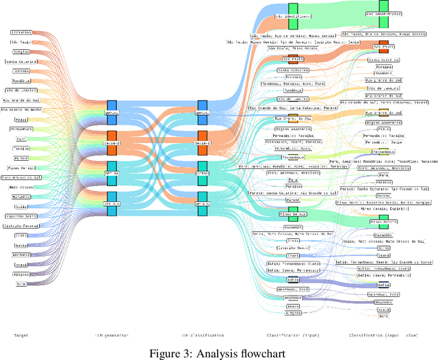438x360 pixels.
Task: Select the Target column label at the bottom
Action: tap(21, 335)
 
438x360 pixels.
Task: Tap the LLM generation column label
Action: tap(112, 335)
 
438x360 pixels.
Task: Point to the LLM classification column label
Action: tap(201, 335)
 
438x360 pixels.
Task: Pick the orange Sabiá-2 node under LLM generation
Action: tap(112, 142)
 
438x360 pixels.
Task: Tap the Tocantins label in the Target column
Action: tap(21, 31)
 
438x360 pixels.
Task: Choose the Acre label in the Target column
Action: tap(21, 283)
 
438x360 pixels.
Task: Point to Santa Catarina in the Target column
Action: tap(21, 61)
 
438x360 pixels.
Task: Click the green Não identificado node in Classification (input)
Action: tap(293, 16)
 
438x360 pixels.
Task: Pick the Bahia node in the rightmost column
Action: tap(384, 284)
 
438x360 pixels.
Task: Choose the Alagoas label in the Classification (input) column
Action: tap(293, 312)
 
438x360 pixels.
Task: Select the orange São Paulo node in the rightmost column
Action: tap(384, 47)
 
